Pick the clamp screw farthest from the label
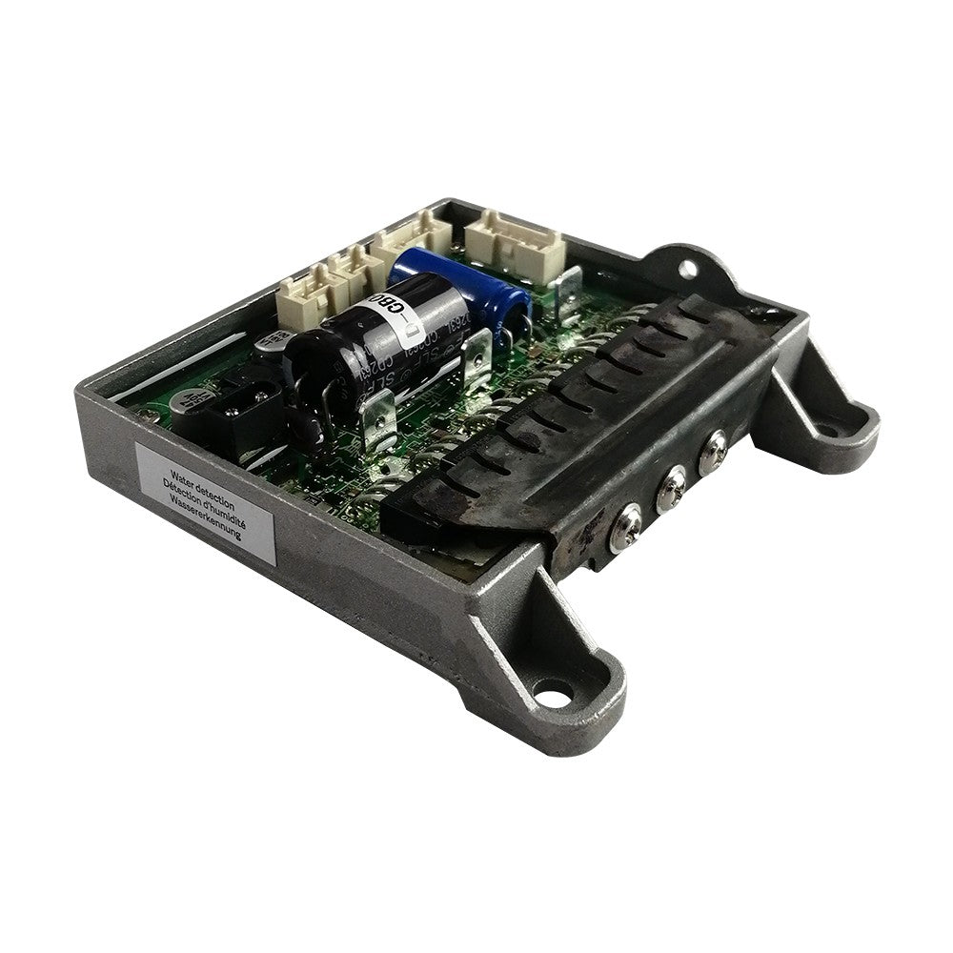tap(712, 450)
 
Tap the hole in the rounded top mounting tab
tap(688, 270)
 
